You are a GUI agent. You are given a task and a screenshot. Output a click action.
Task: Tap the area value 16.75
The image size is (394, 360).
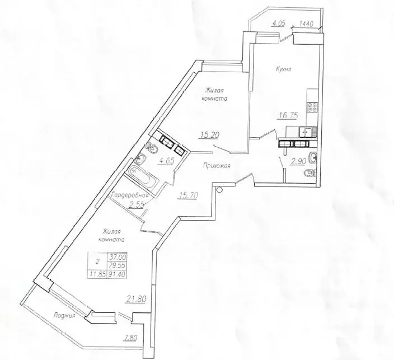click(x=288, y=116)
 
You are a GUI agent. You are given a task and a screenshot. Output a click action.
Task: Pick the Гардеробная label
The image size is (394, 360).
click(x=130, y=195)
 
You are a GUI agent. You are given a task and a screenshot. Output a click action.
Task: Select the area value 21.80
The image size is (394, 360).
click(x=136, y=298)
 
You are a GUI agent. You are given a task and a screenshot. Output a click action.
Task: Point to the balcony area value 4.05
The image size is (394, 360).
click(x=280, y=24)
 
